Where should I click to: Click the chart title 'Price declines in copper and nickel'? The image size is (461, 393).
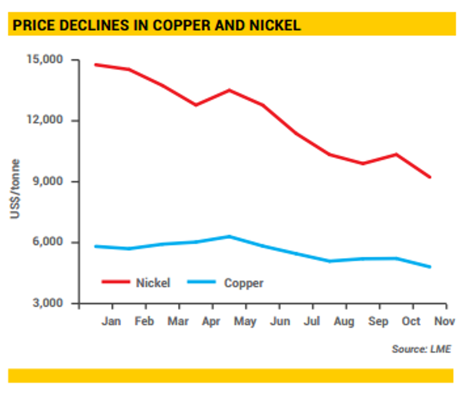156,25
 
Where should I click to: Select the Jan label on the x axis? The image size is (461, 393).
111,321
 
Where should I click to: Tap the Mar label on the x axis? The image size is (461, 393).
178,321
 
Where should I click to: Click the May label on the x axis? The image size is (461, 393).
245,321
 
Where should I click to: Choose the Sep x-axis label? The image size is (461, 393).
378,321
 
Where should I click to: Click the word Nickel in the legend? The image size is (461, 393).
153,283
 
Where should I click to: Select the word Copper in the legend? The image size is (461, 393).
244,283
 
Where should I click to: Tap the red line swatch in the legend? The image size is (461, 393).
116,282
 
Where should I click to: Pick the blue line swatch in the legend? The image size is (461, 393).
202,282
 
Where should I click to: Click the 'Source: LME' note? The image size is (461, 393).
421,349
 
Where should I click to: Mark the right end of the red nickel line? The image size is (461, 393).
430,177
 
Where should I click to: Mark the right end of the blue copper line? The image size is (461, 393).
430,267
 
